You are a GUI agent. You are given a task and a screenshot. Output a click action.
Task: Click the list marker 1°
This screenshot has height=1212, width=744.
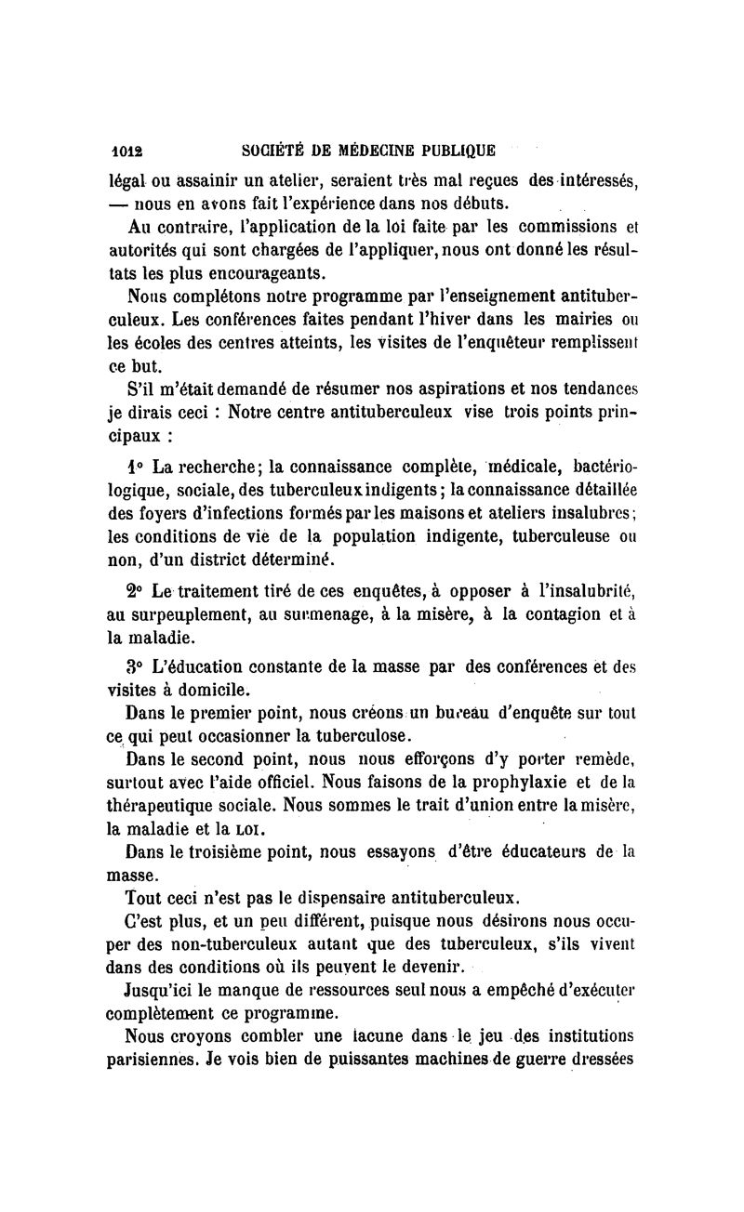click(135, 466)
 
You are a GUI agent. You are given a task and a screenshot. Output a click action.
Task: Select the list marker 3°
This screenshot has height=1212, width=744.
click(136, 665)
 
